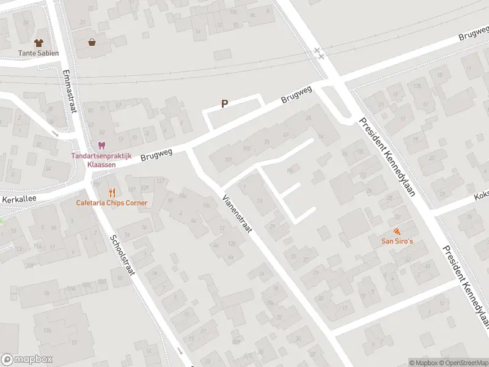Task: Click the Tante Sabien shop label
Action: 39,53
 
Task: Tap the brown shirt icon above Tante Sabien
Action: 39,43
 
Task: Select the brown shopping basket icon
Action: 92,42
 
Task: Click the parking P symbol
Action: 225,104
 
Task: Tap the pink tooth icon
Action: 101,145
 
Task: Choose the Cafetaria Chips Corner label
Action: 112,202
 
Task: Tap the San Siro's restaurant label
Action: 398,241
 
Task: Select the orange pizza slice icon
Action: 397,231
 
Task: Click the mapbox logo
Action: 27,359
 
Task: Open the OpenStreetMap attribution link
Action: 466,363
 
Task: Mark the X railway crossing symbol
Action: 318,53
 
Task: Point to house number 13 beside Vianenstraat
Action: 260,200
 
